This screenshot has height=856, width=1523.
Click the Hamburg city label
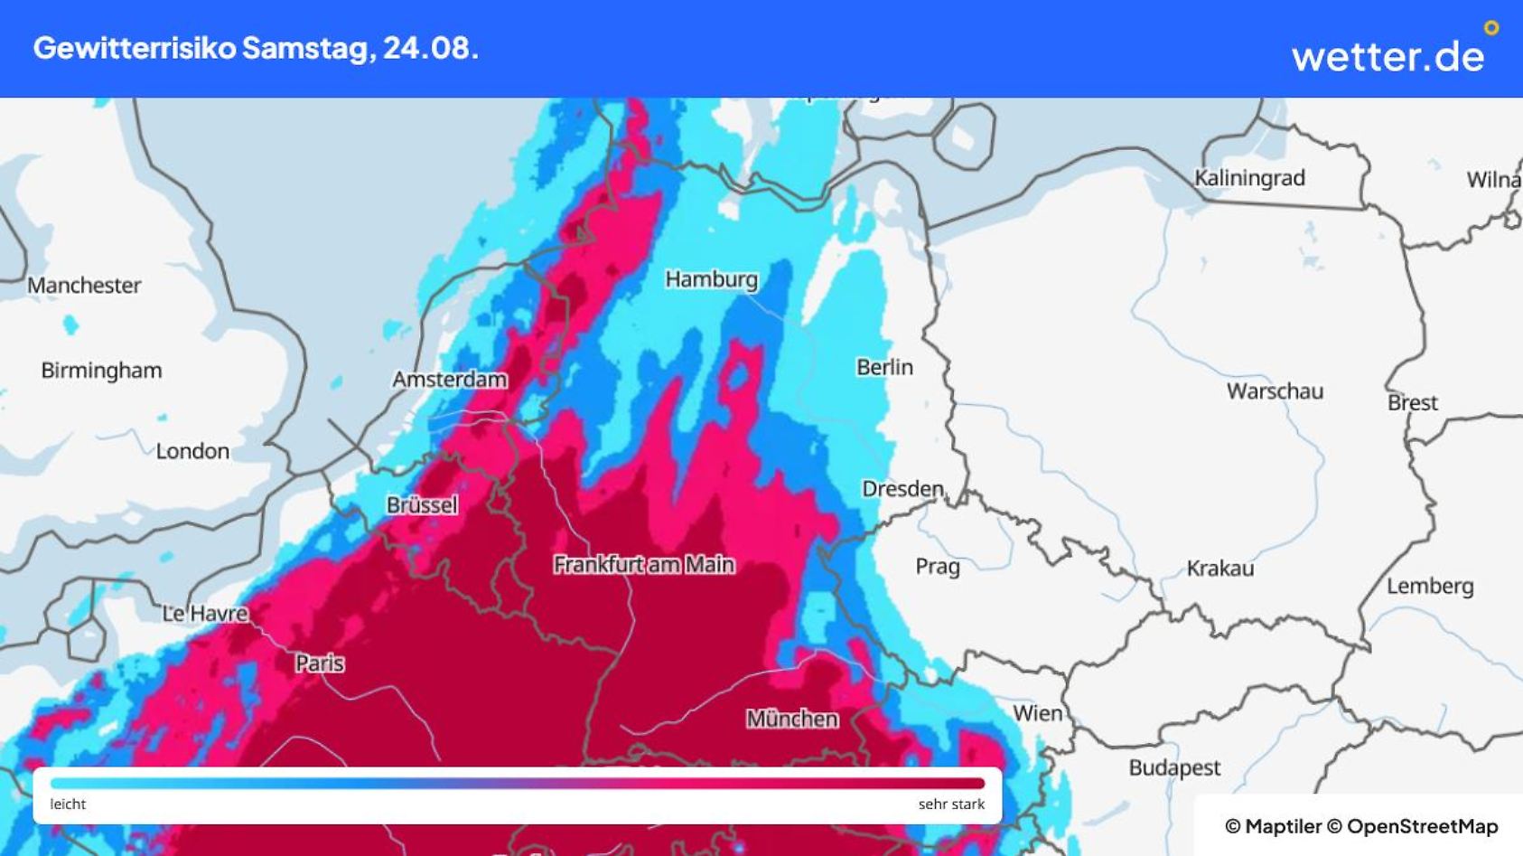(x=711, y=279)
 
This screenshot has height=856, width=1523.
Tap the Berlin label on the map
(x=884, y=367)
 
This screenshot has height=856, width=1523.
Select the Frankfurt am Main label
(x=643, y=564)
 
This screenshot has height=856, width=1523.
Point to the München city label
(x=791, y=719)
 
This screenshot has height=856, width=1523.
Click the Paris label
(x=320, y=663)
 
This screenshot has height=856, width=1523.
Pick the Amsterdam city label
(x=449, y=380)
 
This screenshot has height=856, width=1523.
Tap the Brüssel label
(x=422, y=505)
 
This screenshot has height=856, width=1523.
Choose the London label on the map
(x=192, y=451)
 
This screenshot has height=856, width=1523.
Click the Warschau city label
(x=1274, y=391)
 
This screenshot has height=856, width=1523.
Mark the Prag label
(x=937, y=567)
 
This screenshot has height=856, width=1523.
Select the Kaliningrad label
(x=1248, y=178)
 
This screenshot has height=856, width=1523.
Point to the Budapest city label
(x=1173, y=768)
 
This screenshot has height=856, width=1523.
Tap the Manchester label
(x=84, y=286)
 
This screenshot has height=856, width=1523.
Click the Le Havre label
(x=205, y=614)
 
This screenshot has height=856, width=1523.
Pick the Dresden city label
(x=902, y=489)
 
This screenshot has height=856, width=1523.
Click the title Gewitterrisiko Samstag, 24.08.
(x=256, y=48)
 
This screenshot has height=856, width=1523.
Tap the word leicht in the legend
(x=68, y=804)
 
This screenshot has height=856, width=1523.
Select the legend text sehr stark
(x=951, y=804)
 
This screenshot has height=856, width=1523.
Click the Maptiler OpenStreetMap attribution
(x=1360, y=826)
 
